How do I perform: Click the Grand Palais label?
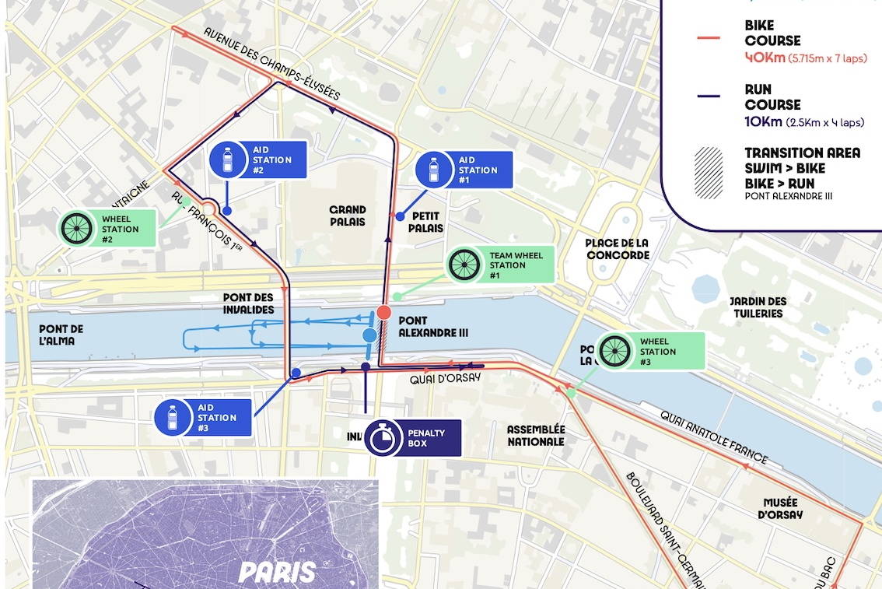[348, 216]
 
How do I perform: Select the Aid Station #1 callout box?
[464, 170]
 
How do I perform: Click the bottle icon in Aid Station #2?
[228, 160]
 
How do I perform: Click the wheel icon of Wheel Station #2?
[77, 228]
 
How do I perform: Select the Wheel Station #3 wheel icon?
[615, 351]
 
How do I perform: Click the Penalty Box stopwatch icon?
[382, 437]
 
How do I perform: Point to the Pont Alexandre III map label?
[432, 326]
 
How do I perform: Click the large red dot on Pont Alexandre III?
[383, 313]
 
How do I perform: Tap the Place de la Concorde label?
[617, 249]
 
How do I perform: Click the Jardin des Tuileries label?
[758, 307]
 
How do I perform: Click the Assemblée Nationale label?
[536, 435]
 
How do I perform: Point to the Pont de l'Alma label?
[60, 335]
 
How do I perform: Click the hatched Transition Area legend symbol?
[709, 173]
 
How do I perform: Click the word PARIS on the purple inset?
[278, 572]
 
